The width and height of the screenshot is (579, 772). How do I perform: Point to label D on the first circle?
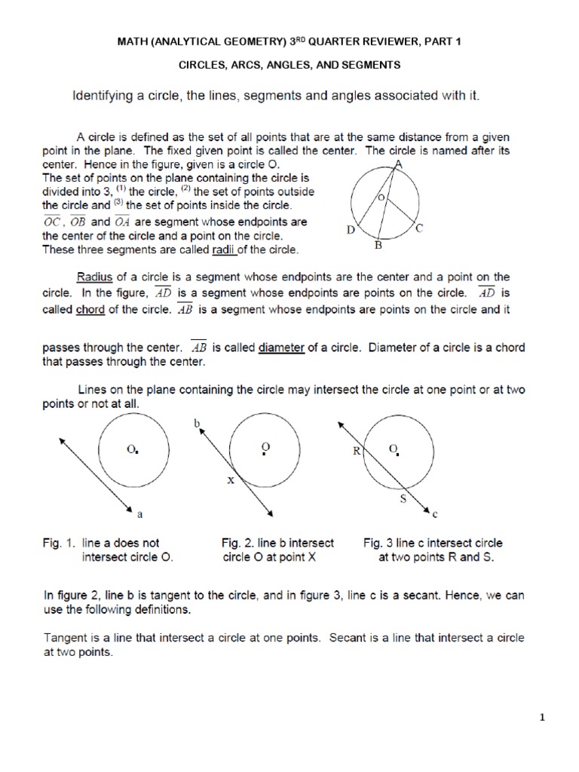pyautogui.click(x=351, y=230)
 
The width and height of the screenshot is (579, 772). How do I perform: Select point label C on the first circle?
pyautogui.click(x=419, y=227)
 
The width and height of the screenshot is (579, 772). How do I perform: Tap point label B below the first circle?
pyautogui.click(x=379, y=246)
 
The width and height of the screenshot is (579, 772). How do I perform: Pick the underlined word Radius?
pyautogui.click(x=95, y=277)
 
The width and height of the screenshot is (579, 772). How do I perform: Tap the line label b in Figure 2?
pyautogui.click(x=198, y=424)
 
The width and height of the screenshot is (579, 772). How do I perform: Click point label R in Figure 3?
pyautogui.click(x=355, y=452)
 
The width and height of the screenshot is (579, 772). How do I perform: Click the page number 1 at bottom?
pyautogui.click(x=542, y=718)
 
